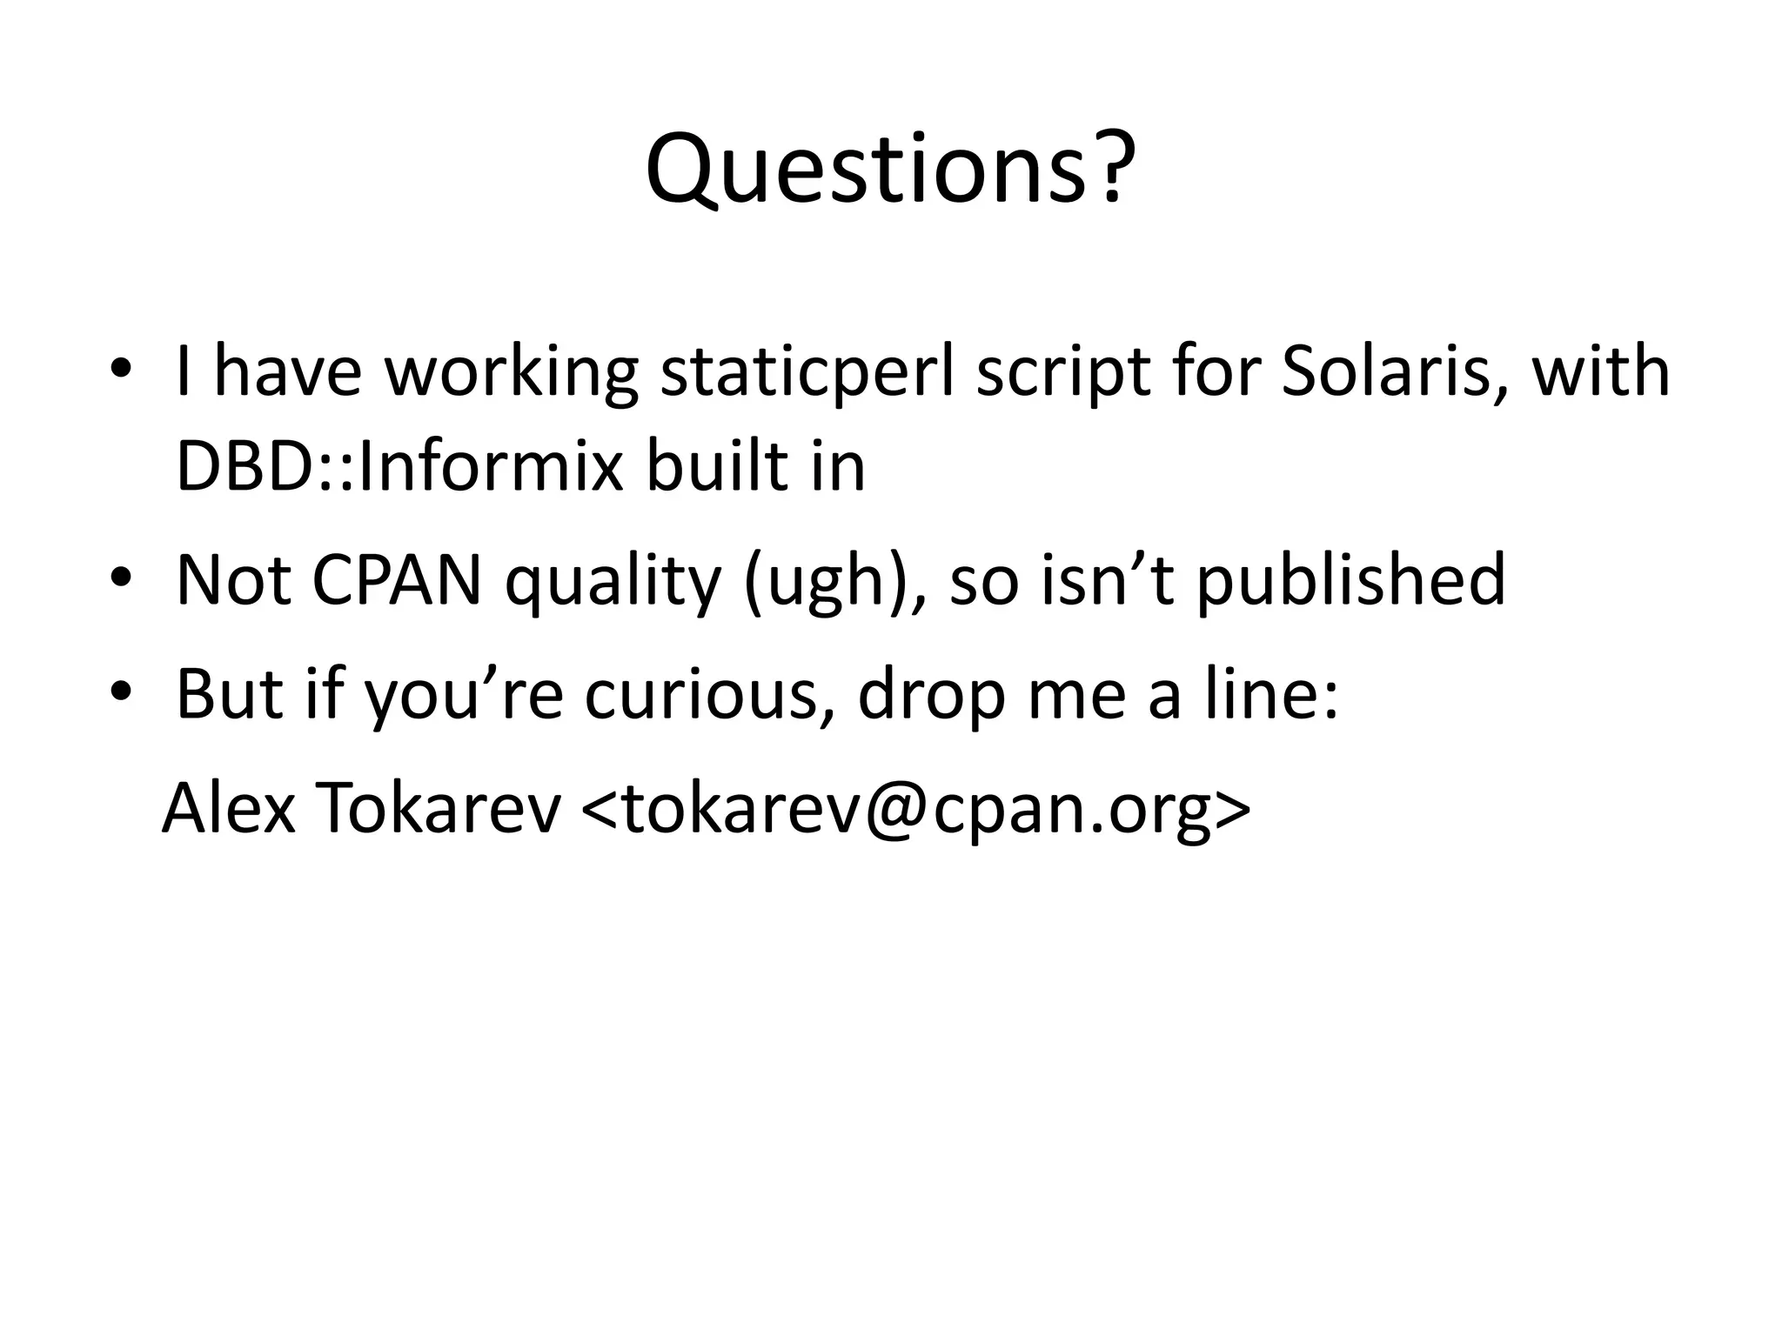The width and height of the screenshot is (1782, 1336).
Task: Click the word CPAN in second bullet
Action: (396, 579)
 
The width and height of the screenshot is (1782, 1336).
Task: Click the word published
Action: (1350, 581)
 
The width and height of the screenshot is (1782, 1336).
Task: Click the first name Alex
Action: (228, 809)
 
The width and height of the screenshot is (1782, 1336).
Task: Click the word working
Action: (512, 372)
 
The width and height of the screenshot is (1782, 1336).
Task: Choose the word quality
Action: (613, 581)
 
